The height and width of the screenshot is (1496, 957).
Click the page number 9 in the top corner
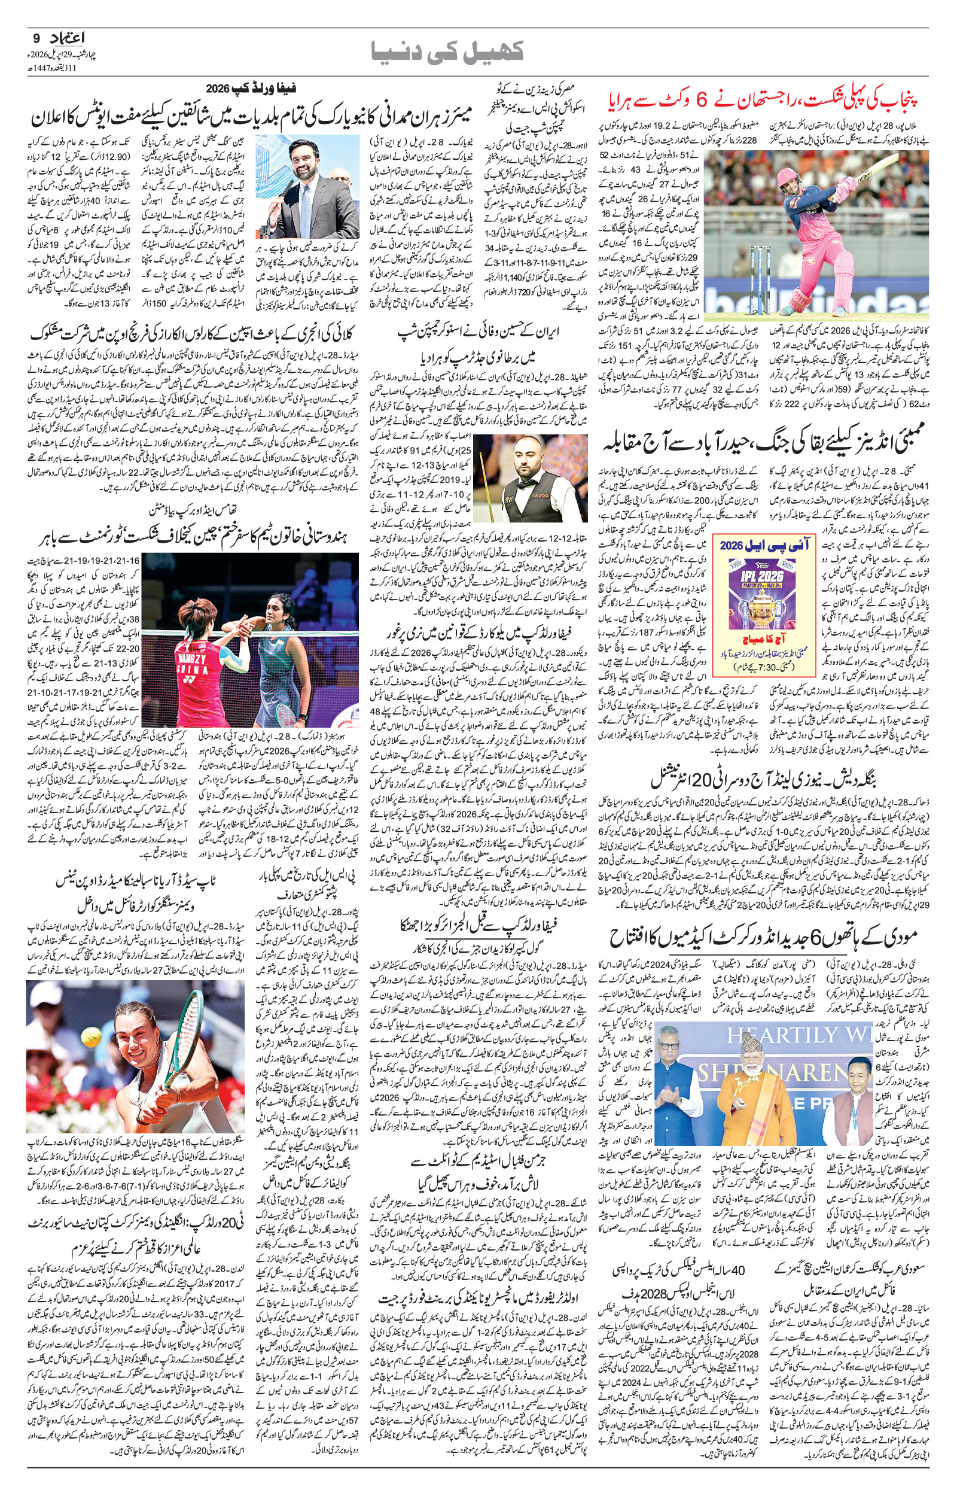(34, 38)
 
